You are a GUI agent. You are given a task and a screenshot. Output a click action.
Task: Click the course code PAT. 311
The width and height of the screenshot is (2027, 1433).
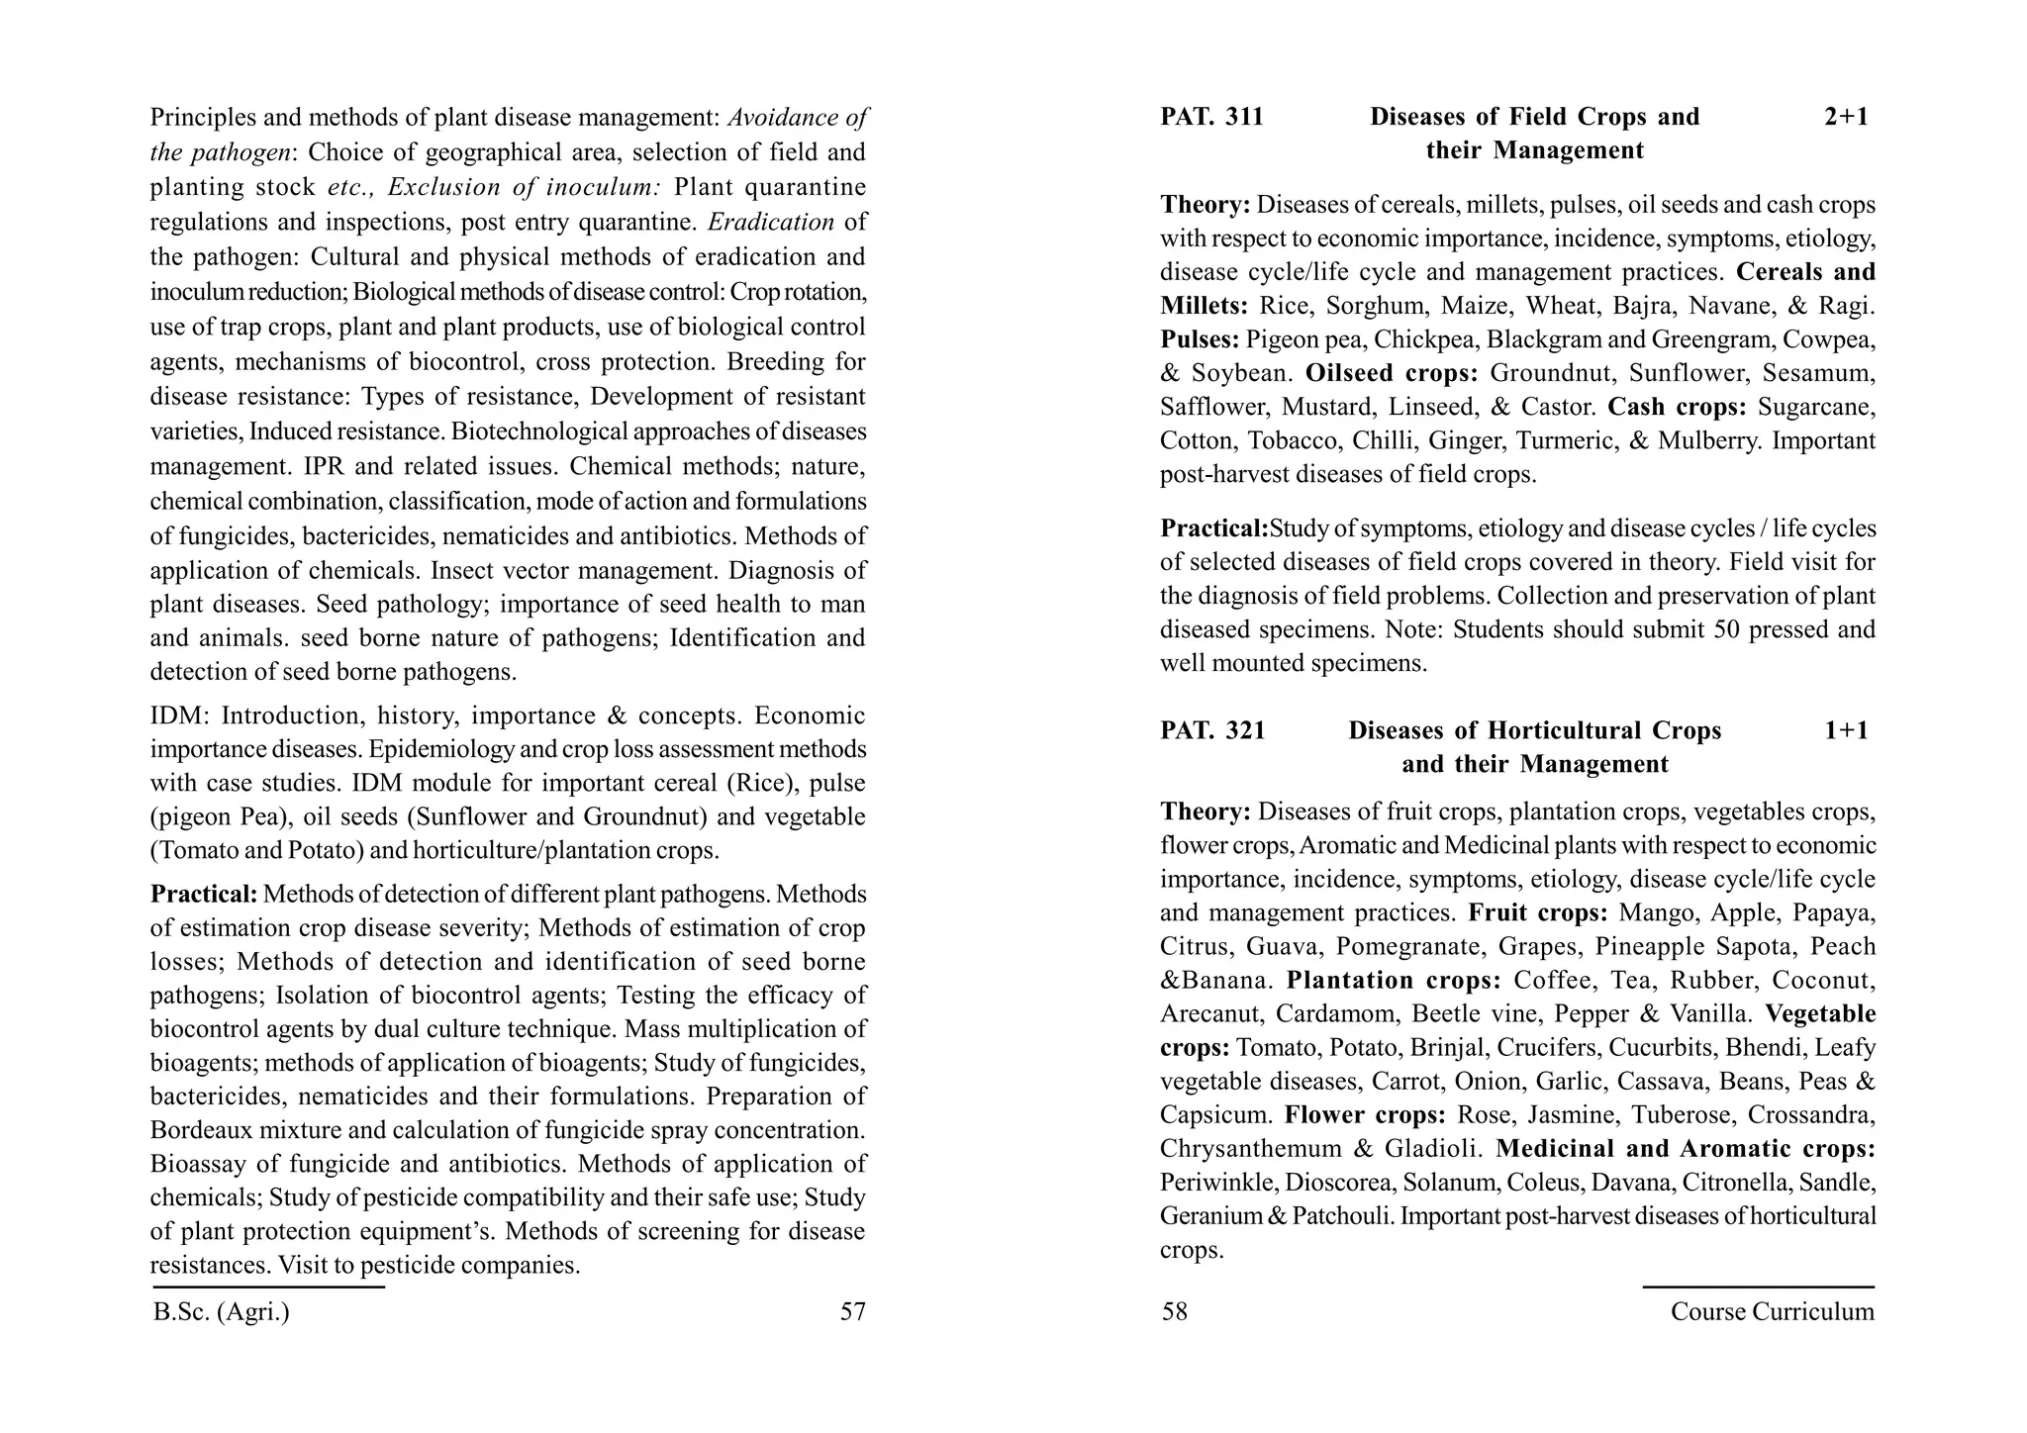[x=1211, y=118]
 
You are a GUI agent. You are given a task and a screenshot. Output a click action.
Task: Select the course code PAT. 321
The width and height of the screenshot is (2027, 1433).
[x=1212, y=731]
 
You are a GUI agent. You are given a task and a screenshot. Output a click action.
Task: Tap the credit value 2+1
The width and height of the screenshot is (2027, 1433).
[x=1846, y=118]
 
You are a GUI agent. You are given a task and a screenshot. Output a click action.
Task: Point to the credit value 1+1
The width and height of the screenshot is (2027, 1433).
[x=1846, y=731]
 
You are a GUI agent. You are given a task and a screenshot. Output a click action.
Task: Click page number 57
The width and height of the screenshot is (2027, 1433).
[x=852, y=1312]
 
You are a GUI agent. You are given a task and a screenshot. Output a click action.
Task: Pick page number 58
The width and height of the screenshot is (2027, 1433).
[x=1174, y=1312]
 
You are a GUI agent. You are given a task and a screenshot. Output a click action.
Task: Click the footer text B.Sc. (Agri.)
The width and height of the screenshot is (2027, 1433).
[x=222, y=1312]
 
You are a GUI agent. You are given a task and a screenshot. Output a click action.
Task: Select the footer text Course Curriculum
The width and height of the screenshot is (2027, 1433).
[x=1772, y=1312]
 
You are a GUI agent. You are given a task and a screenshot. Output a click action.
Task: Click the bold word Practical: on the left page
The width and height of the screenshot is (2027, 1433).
[x=204, y=895]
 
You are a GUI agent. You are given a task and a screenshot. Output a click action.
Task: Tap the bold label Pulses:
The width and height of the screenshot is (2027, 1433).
[x=1200, y=340]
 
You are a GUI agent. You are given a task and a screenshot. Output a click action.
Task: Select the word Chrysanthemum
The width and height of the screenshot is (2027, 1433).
[x=1248, y=1150]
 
